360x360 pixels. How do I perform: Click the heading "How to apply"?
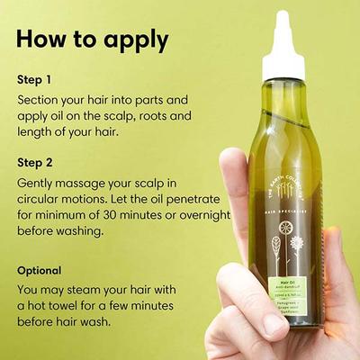click(x=92, y=40)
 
